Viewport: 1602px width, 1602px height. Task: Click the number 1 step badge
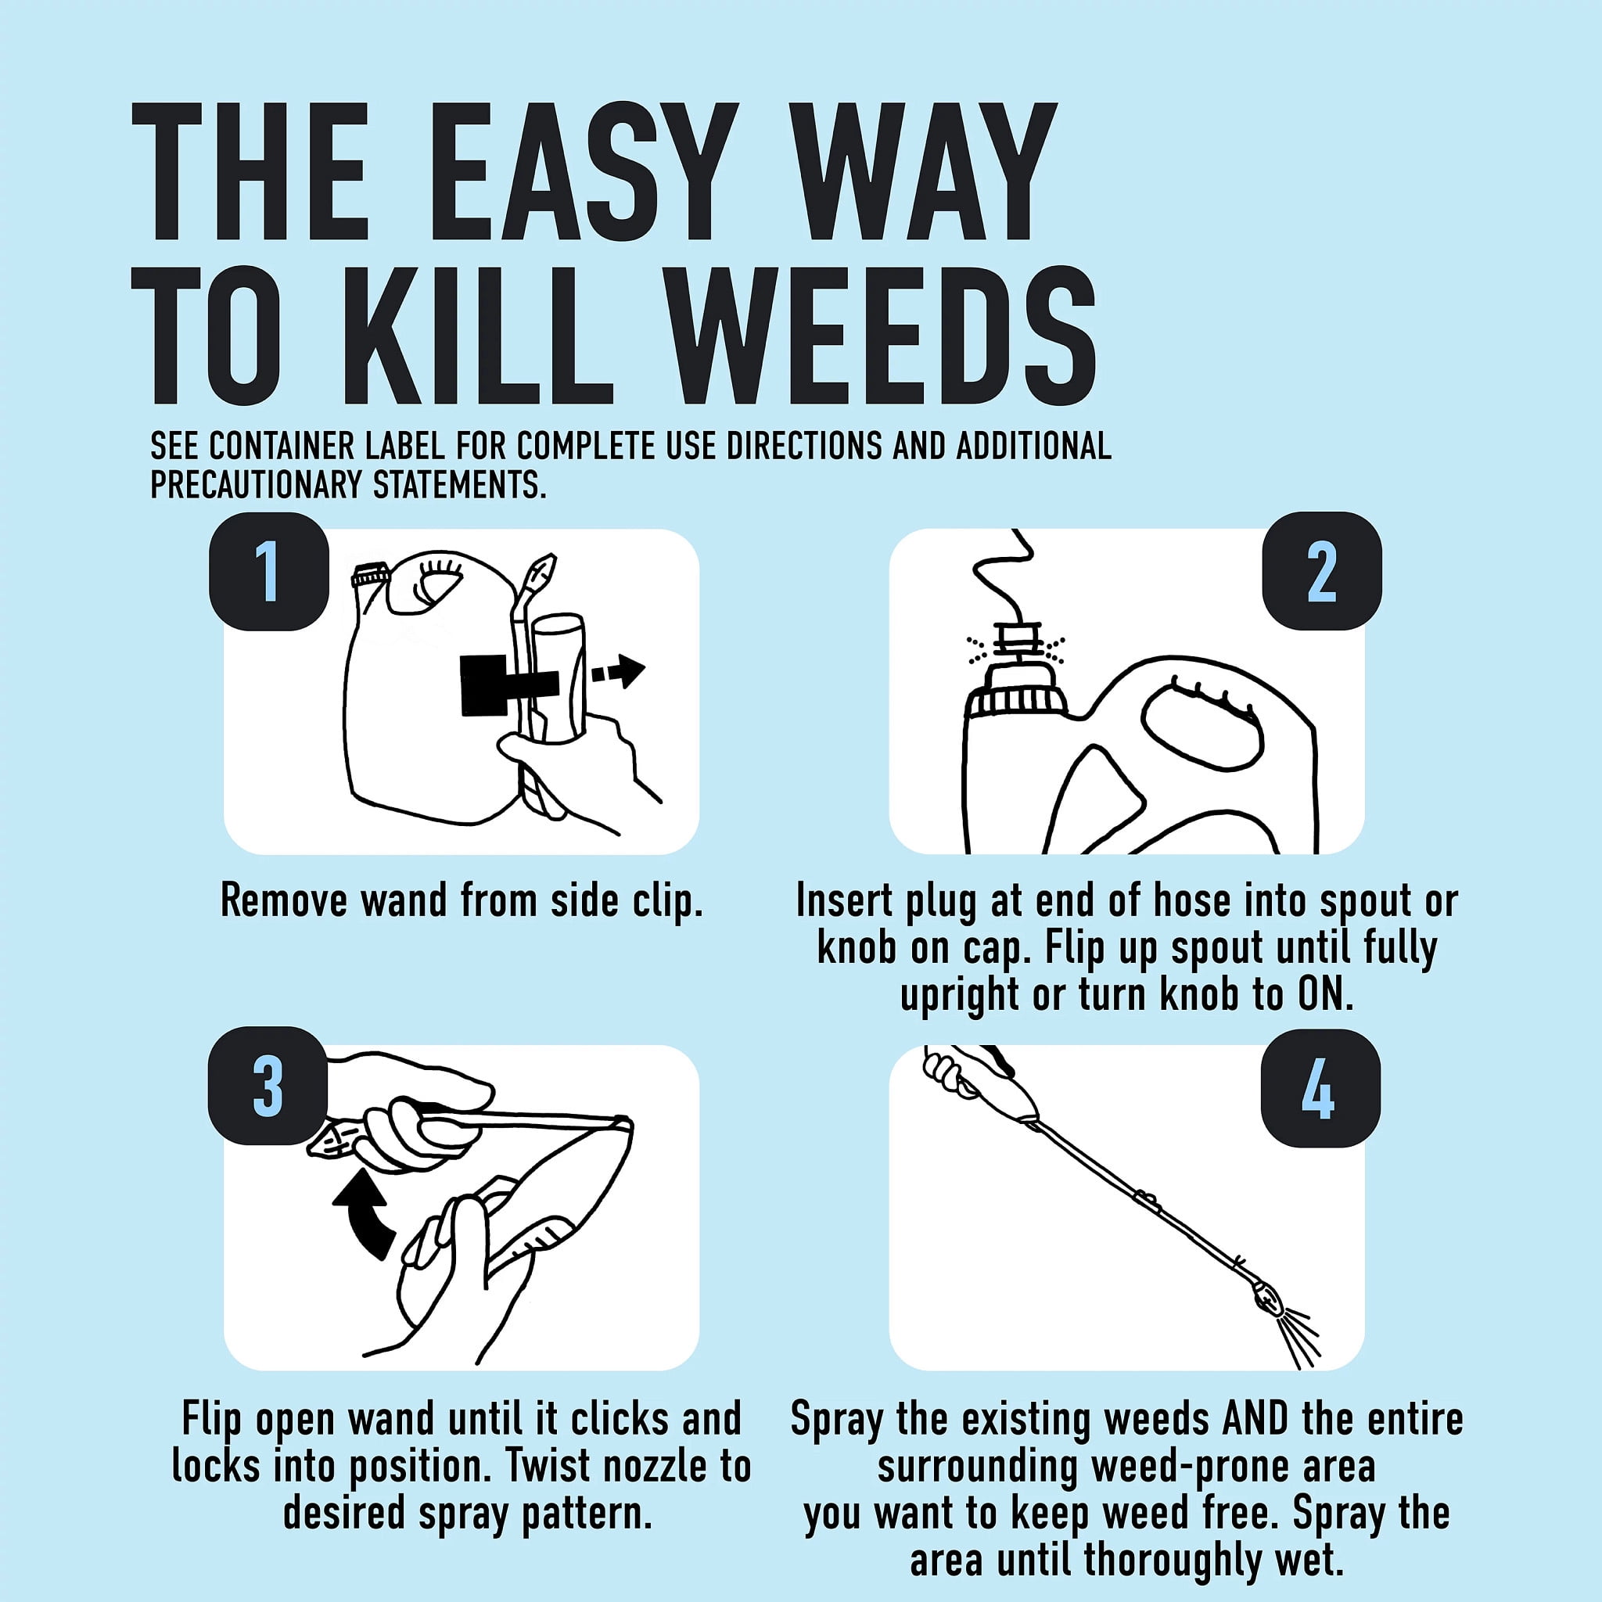(x=268, y=571)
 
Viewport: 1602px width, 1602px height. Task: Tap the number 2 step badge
(x=1322, y=571)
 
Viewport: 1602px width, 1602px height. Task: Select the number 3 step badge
(x=268, y=1087)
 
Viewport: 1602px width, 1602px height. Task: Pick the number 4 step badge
(x=1321, y=1088)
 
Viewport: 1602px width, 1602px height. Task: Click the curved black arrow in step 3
(x=369, y=1223)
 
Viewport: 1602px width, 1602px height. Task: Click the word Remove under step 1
(x=284, y=900)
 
